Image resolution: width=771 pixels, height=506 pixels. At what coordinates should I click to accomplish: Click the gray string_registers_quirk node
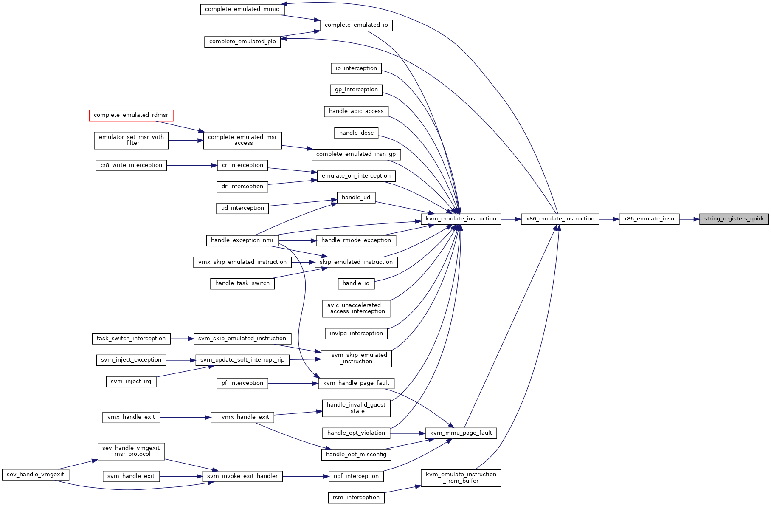734,219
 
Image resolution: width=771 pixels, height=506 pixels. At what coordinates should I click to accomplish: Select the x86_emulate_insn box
649,219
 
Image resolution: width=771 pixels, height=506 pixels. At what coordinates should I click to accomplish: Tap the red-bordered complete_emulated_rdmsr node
131,115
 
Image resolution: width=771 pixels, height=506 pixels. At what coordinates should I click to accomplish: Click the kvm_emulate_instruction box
461,219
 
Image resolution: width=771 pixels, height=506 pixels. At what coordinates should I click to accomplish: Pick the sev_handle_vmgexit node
36,475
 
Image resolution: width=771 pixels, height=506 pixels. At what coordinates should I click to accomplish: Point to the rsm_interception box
356,498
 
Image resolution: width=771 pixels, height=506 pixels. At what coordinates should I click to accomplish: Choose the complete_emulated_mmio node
242,9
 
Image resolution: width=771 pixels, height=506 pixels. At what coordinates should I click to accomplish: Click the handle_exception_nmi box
242,240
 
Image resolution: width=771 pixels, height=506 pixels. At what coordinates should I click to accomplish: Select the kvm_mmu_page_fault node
461,433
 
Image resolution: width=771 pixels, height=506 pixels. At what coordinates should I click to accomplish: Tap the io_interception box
356,68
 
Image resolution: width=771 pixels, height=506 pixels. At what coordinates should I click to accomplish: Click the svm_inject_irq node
131,382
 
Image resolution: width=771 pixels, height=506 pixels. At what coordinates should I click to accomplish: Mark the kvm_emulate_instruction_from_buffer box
461,478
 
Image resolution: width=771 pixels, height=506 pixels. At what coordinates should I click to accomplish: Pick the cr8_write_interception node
131,165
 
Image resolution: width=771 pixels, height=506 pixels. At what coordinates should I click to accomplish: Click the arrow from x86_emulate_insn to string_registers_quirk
689,219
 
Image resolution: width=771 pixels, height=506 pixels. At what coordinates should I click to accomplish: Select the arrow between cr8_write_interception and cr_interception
192,165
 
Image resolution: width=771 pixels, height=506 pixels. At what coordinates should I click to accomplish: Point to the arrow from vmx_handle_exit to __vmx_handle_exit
186,418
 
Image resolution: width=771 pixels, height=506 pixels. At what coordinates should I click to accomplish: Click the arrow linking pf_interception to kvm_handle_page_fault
293,384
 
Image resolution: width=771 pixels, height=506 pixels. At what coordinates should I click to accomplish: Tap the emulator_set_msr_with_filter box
131,140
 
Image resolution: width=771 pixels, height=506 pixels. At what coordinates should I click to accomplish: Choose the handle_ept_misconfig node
356,455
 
